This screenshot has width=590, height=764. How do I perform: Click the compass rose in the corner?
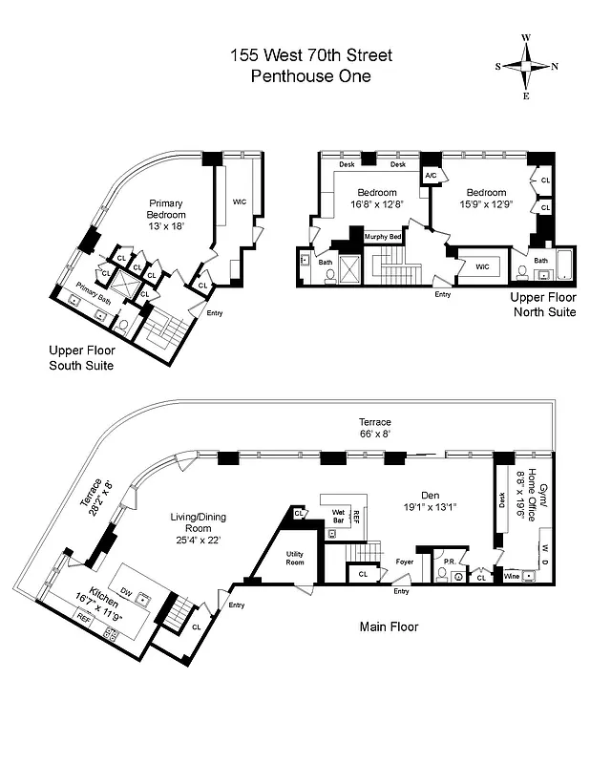tap(526, 66)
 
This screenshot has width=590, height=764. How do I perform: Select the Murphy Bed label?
tap(382, 236)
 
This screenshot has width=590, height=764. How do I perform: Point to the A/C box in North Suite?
tap(430, 176)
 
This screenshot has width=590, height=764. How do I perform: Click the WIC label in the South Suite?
tap(240, 202)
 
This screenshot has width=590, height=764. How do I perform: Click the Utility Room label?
tap(301, 559)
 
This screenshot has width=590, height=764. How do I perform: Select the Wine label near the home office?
tap(514, 576)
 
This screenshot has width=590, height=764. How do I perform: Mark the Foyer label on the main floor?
tap(405, 562)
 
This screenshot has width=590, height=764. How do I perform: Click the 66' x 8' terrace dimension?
tap(374, 433)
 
